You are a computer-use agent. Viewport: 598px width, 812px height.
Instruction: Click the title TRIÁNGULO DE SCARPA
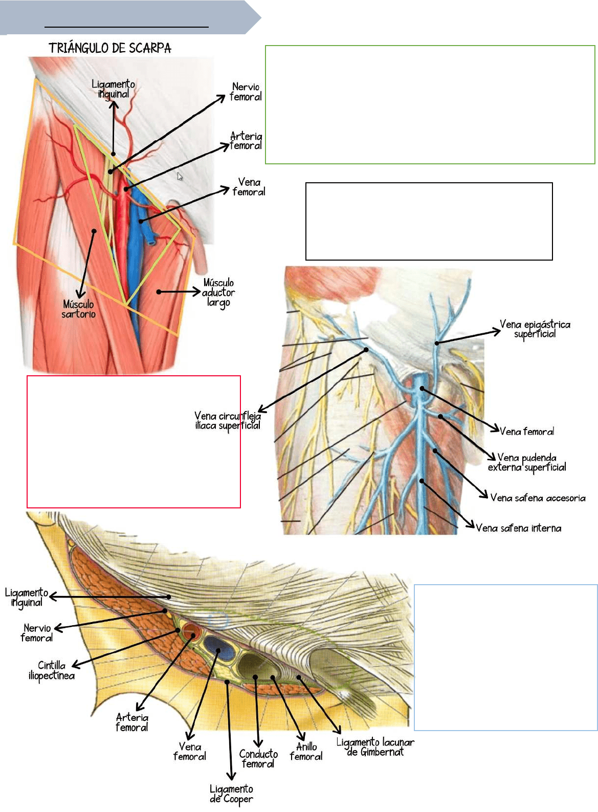coord(110,48)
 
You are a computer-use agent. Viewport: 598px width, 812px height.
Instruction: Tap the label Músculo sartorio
coord(78,309)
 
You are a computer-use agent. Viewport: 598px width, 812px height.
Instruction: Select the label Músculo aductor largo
coord(218,292)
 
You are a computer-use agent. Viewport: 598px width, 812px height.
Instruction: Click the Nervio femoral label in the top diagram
coord(246,92)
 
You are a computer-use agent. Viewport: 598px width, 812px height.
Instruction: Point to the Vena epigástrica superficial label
coord(535,329)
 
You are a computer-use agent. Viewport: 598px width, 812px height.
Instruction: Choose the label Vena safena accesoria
coord(538,498)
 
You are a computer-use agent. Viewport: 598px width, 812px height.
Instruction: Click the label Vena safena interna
coord(518,528)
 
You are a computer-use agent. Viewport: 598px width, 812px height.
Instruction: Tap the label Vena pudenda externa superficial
coord(527,462)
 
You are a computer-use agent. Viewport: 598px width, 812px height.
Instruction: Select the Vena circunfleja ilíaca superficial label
coord(228,421)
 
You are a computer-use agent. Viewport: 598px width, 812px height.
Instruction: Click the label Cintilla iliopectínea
coord(52,671)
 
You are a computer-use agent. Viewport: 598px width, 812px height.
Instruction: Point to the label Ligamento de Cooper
coord(231,794)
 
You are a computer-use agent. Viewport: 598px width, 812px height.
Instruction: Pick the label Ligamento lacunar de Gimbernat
coord(375,747)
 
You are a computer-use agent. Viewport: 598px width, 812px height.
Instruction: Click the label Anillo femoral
coord(306,752)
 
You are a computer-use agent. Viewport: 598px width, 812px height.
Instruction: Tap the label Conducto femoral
coord(258,759)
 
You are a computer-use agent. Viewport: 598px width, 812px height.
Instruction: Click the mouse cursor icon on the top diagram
coord(180,176)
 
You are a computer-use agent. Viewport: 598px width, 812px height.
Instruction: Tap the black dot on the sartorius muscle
coord(94,231)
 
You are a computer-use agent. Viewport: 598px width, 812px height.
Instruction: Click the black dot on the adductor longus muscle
coord(159,292)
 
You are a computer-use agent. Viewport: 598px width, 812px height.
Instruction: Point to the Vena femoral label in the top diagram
coord(249,187)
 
